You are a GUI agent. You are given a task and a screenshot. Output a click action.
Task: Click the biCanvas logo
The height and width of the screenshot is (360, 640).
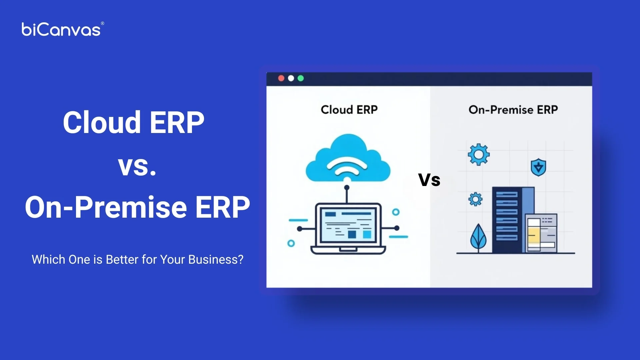tap(61, 30)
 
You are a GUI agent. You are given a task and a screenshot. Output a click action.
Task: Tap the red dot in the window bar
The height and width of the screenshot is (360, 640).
tap(281, 78)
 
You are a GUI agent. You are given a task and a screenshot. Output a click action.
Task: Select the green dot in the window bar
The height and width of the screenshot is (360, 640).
tap(301, 78)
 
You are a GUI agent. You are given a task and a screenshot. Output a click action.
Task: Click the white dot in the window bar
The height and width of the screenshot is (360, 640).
tap(291, 78)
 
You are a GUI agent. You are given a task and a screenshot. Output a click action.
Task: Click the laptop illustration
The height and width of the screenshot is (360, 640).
tap(348, 228)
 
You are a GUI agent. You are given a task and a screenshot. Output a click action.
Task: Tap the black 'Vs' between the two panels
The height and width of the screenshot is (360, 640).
tap(429, 180)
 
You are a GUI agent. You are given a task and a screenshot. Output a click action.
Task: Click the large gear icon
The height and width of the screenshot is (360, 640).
tap(479, 154)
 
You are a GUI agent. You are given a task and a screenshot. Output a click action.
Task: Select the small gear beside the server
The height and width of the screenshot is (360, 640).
tap(475, 199)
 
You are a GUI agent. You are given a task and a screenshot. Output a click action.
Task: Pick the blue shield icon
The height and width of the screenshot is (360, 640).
tap(538, 167)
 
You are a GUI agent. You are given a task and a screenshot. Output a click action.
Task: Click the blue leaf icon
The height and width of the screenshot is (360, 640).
tap(478, 237)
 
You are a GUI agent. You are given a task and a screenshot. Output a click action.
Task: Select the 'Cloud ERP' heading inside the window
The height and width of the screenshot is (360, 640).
tap(349, 110)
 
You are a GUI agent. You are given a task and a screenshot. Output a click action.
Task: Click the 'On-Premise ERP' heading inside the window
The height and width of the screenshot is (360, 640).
tap(513, 110)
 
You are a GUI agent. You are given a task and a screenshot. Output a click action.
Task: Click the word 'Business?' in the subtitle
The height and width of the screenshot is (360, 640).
tap(216, 259)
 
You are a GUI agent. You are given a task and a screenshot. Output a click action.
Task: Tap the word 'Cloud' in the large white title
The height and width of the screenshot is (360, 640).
tap(102, 123)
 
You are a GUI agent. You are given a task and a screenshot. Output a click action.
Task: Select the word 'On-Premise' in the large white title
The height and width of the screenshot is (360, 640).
tap(106, 207)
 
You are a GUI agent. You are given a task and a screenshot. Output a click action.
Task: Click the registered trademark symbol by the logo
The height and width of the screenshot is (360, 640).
tap(102, 23)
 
